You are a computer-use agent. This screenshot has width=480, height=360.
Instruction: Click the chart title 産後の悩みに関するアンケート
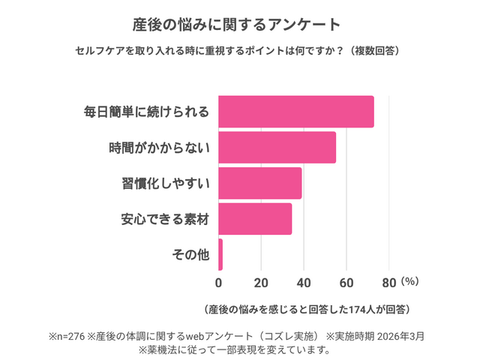click(240, 24)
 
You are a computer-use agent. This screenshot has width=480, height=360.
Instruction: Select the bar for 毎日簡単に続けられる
click(295, 112)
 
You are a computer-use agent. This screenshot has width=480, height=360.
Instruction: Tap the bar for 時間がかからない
click(277, 147)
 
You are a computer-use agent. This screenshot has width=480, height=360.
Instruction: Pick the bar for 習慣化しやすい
click(259, 183)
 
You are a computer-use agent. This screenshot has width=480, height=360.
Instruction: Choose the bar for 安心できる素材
click(255, 219)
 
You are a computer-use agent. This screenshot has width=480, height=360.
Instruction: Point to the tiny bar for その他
click(220, 254)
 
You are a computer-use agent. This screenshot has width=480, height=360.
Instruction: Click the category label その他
click(190, 255)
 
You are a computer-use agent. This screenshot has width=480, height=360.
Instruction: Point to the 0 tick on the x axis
click(218, 283)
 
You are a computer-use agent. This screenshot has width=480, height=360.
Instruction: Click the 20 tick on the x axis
click(261, 283)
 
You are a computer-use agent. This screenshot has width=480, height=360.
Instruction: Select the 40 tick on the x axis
click(304, 283)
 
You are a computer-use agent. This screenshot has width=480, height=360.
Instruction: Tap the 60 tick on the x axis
click(346, 283)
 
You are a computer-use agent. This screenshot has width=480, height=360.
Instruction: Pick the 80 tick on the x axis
click(388, 283)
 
